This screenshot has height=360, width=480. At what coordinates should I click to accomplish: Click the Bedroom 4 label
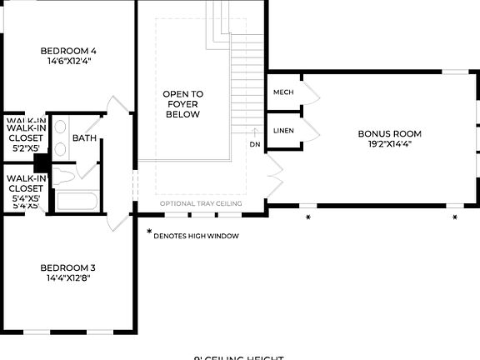coord(68,52)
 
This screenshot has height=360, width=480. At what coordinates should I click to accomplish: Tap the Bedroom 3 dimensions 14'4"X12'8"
coord(68,278)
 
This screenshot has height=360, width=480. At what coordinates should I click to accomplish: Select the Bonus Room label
coord(389,133)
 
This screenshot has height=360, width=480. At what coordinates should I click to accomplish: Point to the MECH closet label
coord(282,92)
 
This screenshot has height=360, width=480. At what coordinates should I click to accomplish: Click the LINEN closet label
coord(282,131)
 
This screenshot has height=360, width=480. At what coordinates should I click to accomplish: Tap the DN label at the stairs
coord(255,144)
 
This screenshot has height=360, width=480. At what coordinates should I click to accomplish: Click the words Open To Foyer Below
coord(182,104)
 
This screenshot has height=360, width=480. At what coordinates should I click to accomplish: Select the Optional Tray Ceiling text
coord(201,203)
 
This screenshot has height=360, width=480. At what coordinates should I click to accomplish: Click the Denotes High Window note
coord(197,236)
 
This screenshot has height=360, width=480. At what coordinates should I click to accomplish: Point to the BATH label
coord(83,138)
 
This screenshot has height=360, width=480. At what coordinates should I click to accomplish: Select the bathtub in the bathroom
coord(77,202)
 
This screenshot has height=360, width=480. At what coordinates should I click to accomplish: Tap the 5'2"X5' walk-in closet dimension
coord(24,147)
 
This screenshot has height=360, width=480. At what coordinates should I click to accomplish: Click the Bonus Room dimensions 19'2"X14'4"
coord(389,143)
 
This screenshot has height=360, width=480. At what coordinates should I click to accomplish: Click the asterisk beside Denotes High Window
coord(149,233)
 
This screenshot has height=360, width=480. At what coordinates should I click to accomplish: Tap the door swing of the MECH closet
coord(310,92)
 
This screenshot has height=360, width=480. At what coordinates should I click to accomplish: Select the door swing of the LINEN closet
coord(310,131)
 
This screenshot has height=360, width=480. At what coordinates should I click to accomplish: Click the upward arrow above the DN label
coord(255,130)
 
